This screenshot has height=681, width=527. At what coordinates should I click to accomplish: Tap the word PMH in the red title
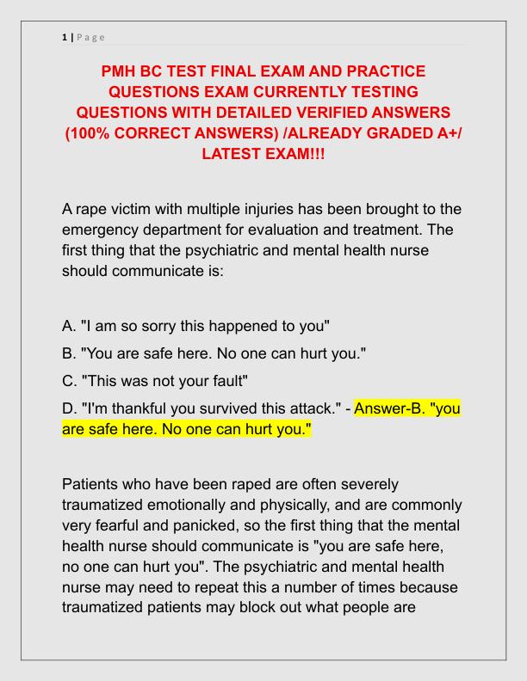(x=121, y=71)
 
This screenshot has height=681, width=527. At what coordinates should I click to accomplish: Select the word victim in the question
(x=129, y=211)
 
